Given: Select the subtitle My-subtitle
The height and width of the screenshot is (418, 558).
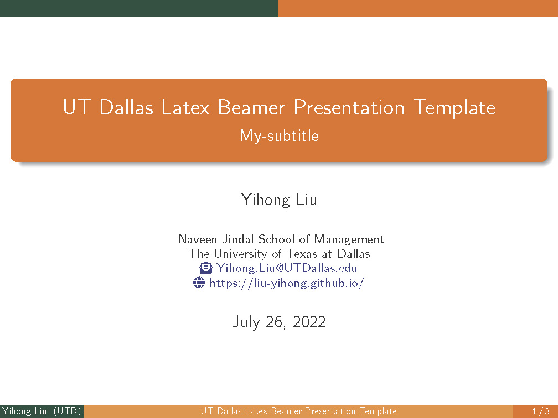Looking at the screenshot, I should point(279,135).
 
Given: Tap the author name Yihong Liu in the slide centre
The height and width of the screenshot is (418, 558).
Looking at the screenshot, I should point(279,200).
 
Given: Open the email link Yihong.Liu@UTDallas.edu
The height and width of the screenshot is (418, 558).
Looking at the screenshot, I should point(287,268).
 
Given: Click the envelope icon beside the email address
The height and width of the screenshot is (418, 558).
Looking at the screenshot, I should point(205,268).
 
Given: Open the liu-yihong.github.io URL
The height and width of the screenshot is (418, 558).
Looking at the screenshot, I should point(286,283).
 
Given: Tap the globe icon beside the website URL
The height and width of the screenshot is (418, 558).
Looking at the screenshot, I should point(199,283).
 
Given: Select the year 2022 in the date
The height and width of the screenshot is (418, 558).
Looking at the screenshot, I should point(309,322).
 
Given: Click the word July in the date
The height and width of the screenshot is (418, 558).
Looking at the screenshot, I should point(246,322).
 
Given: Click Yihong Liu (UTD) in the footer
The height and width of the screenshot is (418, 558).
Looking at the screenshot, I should point(42,411).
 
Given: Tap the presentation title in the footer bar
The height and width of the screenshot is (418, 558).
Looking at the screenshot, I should point(298,411).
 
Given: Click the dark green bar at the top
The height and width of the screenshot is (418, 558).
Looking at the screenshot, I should point(139,8).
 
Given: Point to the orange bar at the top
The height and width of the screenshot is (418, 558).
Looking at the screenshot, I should point(418,8).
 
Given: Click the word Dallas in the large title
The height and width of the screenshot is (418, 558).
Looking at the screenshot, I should point(126,107).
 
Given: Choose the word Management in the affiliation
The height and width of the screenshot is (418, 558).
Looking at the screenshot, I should point(349,239).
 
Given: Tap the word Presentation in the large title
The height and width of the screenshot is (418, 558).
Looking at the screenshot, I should point(349,107).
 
